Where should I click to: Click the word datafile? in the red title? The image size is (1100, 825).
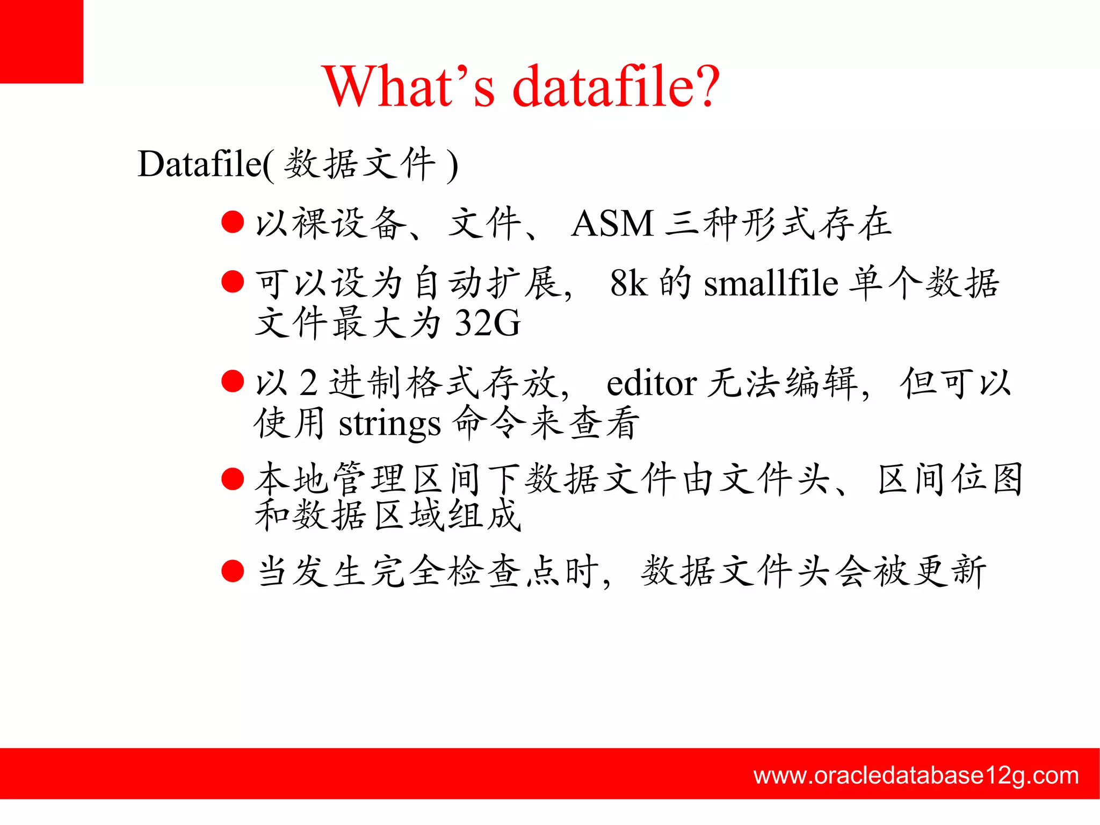point(616,87)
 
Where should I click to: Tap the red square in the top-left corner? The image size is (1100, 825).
point(41,41)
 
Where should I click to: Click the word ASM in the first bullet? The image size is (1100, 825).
point(612,224)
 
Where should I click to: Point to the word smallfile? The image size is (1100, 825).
point(771,283)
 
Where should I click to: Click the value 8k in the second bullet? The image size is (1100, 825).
point(628,283)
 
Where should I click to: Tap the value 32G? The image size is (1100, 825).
point(487,323)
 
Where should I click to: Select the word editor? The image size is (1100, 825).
point(651,384)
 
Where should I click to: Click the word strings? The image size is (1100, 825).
point(389,424)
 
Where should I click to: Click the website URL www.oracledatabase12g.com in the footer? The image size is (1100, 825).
point(916,775)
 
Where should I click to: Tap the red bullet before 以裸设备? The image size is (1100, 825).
point(233,222)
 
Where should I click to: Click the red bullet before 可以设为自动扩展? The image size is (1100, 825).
point(233,282)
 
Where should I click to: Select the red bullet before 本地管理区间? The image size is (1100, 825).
point(233,478)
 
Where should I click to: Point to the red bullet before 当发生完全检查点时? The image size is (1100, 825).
point(233,571)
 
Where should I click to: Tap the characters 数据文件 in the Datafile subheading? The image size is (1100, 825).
point(359,164)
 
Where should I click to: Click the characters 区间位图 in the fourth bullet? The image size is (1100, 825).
point(950,479)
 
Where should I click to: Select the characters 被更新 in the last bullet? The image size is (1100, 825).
point(930,571)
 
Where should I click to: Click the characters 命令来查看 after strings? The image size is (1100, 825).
point(546,424)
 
